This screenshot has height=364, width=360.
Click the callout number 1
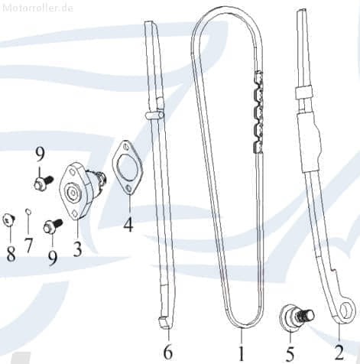(x=241, y=353)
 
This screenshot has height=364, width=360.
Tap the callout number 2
(x=339, y=353)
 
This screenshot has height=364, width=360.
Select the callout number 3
(x=77, y=249)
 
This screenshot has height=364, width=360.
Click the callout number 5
(x=290, y=354)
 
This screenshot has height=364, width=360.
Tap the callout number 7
(x=28, y=245)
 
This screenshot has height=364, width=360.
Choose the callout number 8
(x=11, y=254)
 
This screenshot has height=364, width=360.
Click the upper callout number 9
(x=40, y=154)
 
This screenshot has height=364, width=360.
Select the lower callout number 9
(x=53, y=258)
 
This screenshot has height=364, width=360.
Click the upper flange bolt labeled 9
(x=44, y=182)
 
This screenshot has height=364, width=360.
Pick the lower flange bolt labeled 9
(x=53, y=226)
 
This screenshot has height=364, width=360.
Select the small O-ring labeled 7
(x=29, y=211)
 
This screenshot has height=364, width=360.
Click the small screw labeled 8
(x=9, y=219)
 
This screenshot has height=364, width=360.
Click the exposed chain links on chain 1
(x=258, y=112)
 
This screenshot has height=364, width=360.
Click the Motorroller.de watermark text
(x=38, y=8)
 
